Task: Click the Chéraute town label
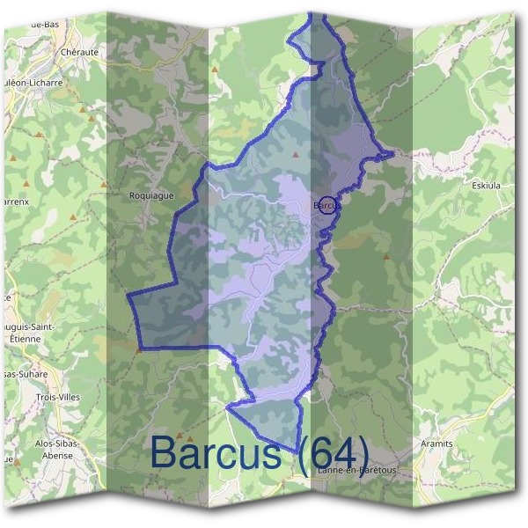80,52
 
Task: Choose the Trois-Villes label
59,398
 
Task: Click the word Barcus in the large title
216,452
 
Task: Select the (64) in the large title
333,452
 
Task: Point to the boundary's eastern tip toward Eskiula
392,154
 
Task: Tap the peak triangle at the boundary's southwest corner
138,348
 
